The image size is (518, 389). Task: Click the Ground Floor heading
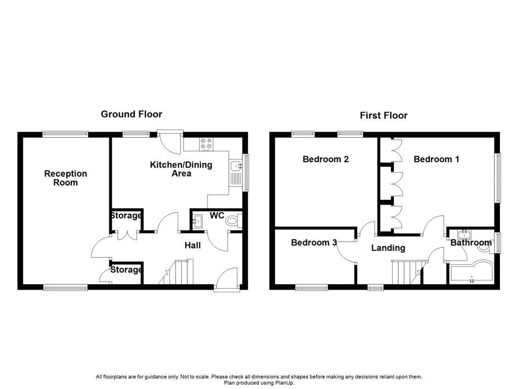(x=132, y=114)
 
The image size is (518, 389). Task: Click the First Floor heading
(x=383, y=115)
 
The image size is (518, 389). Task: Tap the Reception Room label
(x=65, y=178)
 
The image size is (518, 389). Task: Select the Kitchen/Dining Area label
(x=181, y=169)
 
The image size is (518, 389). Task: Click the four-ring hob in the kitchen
(x=206, y=144)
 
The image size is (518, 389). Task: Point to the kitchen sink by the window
(x=236, y=166)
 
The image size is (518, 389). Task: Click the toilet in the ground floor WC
(x=234, y=220)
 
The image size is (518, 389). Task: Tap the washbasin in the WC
(x=197, y=220)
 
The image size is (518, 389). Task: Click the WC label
(x=217, y=216)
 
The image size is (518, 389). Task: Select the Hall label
(x=192, y=245)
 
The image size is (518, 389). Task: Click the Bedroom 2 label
(x=325, y=159)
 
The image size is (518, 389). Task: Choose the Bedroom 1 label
(x=436, y=159)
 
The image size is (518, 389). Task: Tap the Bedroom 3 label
(x=314, y=243)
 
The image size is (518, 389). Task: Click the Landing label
(x=388, y=248)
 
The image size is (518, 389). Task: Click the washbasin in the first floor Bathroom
(x=464, y=234)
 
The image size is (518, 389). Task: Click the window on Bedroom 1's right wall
(x=498, y=177)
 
